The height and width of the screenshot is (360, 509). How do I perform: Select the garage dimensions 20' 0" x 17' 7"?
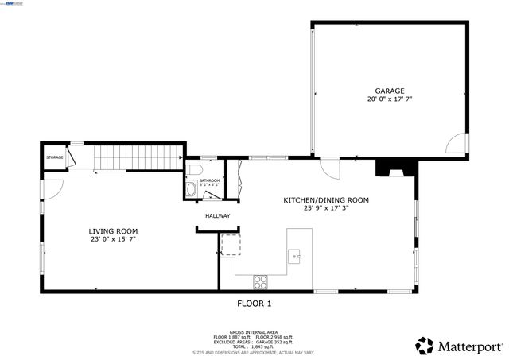390,99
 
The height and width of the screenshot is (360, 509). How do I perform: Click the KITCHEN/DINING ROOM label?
326,200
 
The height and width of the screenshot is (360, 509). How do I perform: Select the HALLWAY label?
217,215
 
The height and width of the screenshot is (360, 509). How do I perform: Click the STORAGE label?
54,157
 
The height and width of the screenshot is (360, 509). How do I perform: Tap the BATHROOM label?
209,180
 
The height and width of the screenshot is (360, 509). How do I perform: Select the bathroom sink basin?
191,190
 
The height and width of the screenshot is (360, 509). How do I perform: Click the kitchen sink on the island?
295,256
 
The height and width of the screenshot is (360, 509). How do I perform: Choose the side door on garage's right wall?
457,143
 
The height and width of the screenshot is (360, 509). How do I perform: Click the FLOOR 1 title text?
254,303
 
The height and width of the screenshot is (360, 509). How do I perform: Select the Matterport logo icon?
425,346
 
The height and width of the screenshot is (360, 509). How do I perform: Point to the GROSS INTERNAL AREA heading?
254,331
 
